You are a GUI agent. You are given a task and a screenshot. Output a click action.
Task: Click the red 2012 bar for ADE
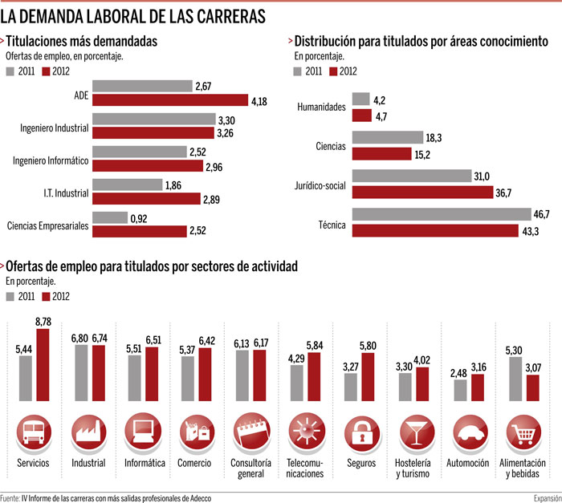point(170,100)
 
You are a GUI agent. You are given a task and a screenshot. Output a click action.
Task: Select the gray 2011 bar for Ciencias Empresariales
point(110,217)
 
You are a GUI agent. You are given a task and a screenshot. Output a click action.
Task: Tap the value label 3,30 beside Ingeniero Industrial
point(226,120)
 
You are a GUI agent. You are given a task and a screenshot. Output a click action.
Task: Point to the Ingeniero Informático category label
point(51,160)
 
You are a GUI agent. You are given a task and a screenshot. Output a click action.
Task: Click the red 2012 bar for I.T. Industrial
point(146,198)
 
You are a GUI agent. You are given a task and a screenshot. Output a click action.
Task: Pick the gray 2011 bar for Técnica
point(442,214)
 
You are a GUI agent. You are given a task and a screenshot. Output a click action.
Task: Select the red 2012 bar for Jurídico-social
point(422,193)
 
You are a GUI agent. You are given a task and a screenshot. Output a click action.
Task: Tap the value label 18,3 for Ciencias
point(434,138)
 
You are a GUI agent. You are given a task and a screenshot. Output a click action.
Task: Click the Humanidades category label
point(321,107)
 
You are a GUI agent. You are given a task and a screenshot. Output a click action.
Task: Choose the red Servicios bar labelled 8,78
point(43,365)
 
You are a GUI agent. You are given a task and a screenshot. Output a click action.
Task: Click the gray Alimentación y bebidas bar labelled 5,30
point(515,379)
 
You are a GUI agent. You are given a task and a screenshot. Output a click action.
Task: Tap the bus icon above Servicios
point(34,432)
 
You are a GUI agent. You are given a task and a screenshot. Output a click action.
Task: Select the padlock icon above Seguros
point(361,432)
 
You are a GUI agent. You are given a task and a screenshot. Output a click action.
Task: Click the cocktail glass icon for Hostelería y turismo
point(417,432)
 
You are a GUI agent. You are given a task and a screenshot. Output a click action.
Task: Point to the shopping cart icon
point(523,432)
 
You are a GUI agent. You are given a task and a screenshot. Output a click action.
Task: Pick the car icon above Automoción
point(470,432)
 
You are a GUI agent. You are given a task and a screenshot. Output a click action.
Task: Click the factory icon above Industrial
point(88,432)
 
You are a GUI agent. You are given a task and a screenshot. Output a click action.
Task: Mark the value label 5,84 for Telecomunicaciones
point(315,346)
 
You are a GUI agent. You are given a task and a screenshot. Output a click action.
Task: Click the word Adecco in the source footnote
point(201,498)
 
